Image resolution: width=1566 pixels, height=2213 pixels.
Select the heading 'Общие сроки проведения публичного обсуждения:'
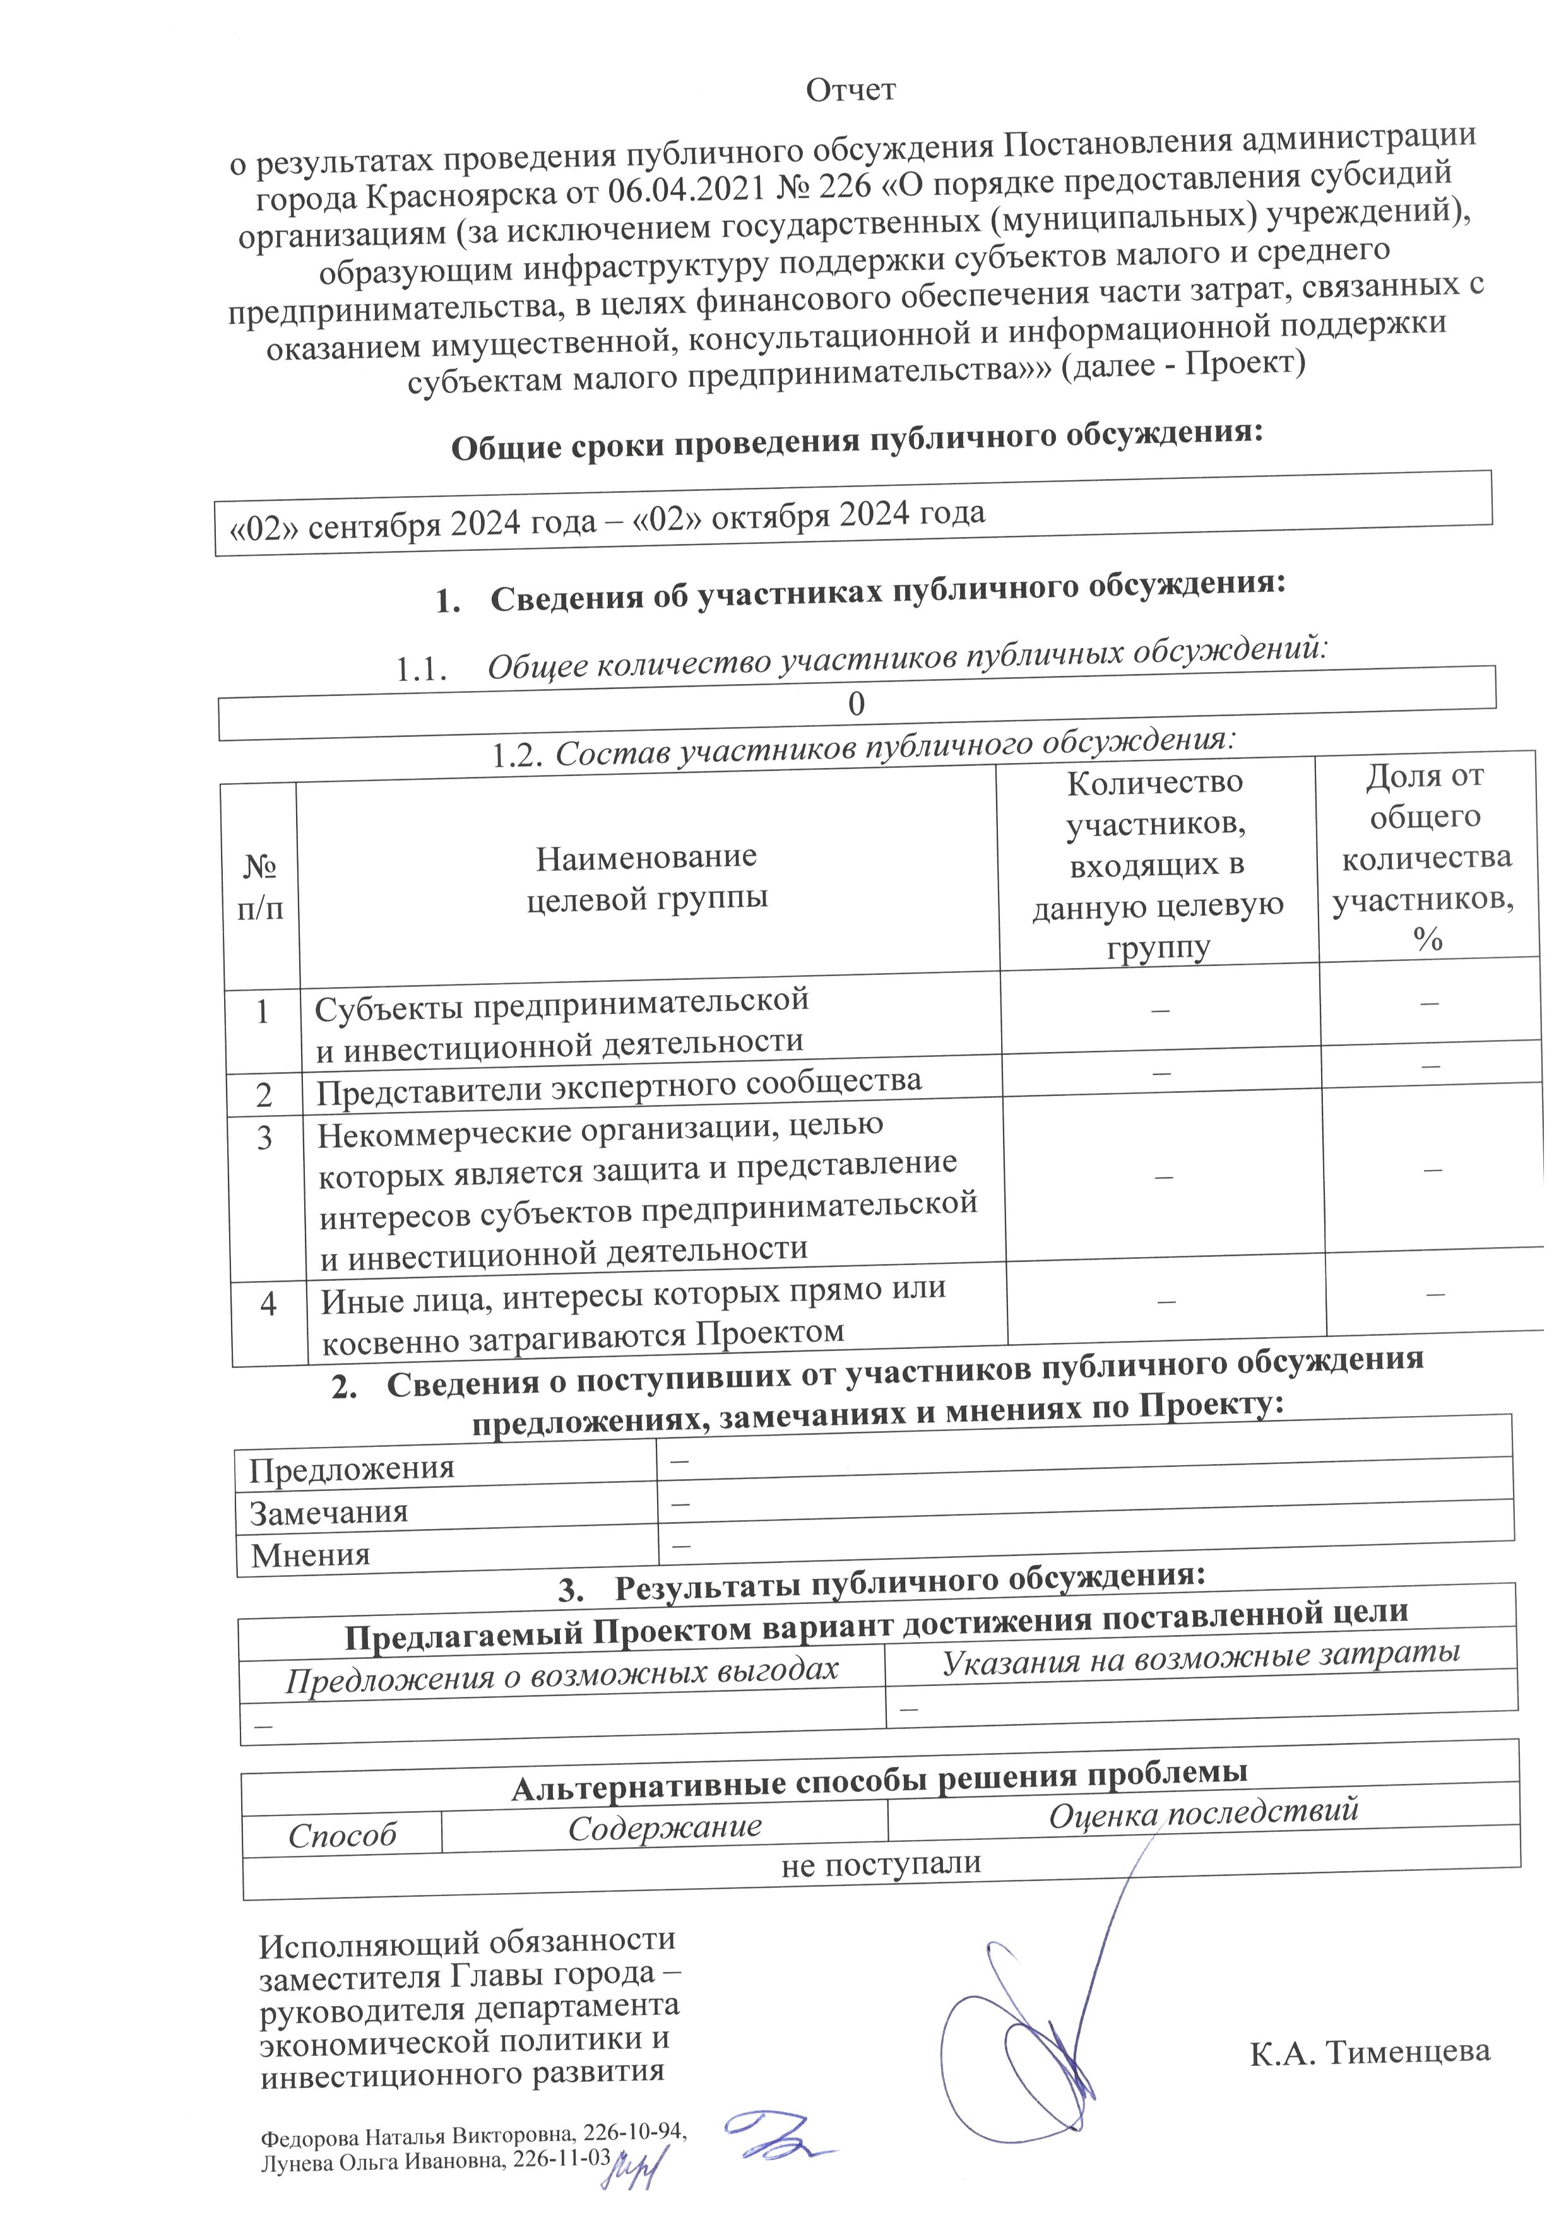[857, 442]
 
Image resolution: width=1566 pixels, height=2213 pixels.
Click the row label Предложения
[351, 1468]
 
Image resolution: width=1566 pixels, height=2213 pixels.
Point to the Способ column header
[342, 1835]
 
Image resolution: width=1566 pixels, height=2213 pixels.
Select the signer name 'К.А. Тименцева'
[1369, 2077]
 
